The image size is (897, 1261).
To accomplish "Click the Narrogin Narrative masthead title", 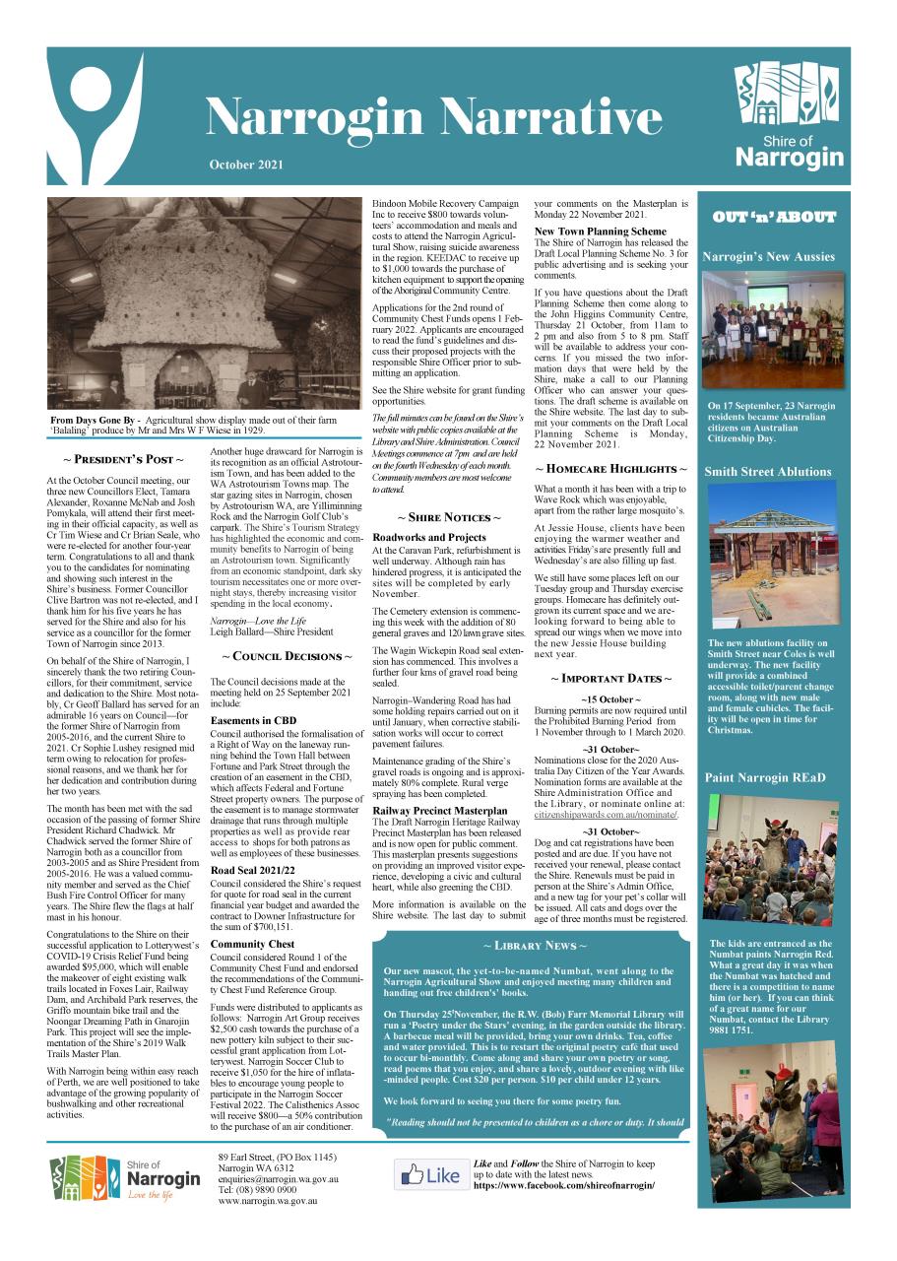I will [x=433, y=118].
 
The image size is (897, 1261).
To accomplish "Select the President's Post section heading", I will [x=123, y=459].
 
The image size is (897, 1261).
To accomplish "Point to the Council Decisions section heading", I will [x=286, y=656].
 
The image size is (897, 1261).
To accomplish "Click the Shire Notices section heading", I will [x=448, y=517].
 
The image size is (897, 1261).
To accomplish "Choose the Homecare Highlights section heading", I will [x=610, y=469].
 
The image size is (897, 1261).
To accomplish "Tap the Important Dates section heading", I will [x=610, y=679].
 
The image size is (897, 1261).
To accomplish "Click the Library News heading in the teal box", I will [x=532, y=946].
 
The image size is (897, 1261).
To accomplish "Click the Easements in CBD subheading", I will [x=253, y=721].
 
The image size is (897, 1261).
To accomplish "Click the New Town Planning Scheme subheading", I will [x=600, y=232].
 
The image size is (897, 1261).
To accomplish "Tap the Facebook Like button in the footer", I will [x=430, y=1175].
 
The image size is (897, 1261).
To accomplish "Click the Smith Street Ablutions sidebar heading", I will [x=768, y=472].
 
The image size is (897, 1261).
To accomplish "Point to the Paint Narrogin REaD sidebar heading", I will [x=764, y=778].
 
